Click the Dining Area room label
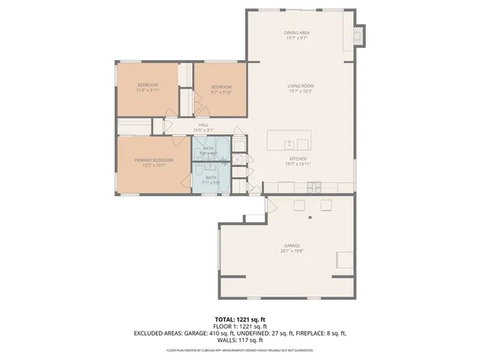pyautogui.click(x=296, y=33)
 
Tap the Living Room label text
pyautogui.click(x=299, y=87)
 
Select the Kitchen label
pyautogui.click(x=298, y=159)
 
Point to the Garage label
pyautogui.click(x=292, y=246)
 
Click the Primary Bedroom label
pyautogui.click(x=154, y=160)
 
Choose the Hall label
pyautogui.click(x=202, y=125)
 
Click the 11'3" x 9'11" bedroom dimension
pyautogui.click(x=148, y=91)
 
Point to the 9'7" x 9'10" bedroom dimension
pyautogui.click(x=221, y=92)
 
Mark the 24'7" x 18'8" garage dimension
pyautogui.click(x=292, y=252)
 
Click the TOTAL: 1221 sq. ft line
pyautogui.click(x=240, y=319)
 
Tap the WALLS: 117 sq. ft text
pyautogui.click(x=240, y=339)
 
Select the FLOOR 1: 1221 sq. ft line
pyautogui.click(x=240, y=326)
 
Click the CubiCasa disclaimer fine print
pyautogui.click(x=240, y=350)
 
